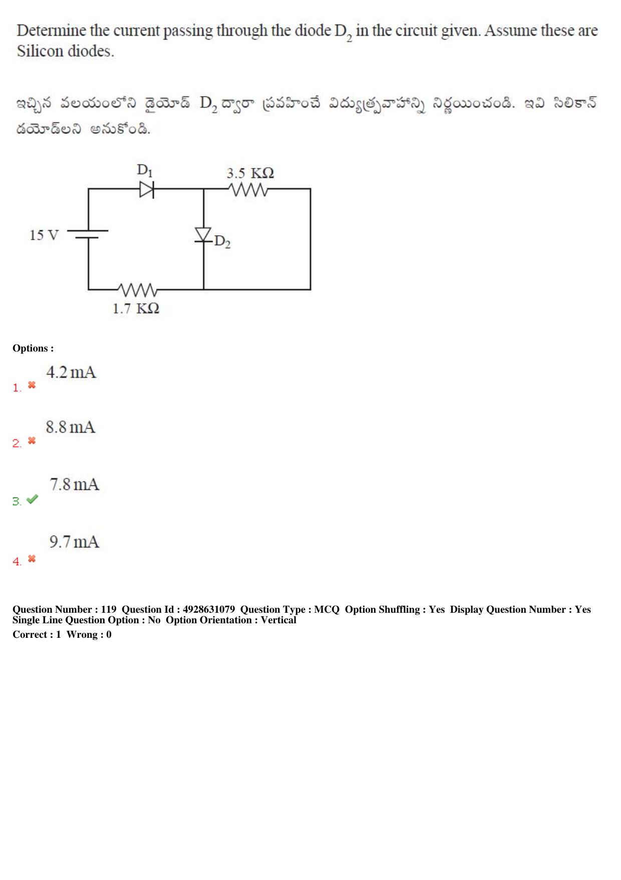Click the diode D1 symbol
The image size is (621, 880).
[x=147, y=189]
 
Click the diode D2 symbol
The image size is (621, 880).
[x=203, y=235]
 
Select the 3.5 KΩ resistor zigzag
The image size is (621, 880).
[x=248, y=190]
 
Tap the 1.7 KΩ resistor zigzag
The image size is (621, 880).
[x=138, y=290]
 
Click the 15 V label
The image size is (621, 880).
[x=44, y=235]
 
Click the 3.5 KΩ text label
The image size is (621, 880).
[x=250, y=173]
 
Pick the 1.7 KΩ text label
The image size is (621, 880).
[x=136, y=308]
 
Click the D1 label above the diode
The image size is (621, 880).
[x=145, y=170]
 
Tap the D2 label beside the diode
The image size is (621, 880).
[x=222, y=242]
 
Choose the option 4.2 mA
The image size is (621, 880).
[x=71, y=372]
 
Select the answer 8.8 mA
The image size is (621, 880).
[x=71, y=427]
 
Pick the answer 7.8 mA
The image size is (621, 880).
[x=74, y=484]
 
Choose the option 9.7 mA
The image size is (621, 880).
[x=74, y=542]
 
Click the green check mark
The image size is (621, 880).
[x=32, y=499]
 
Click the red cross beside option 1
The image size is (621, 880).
[x=32, y=385]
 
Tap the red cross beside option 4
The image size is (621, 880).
[x=32, y=559]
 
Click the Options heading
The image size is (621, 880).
[x=33, y=348]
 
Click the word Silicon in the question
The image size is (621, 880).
[x=41, y=51]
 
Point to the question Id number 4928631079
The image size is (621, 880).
[x=209, y=609]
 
